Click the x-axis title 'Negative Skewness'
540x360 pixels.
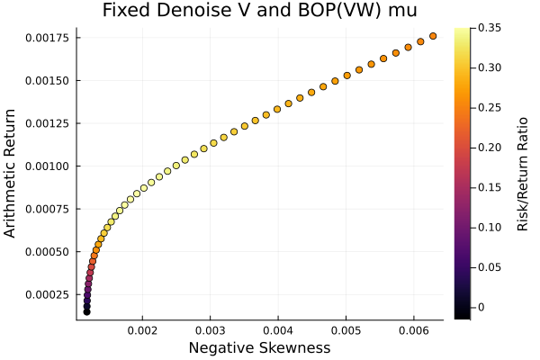click(x=259, y=348)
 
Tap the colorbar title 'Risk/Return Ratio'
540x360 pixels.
click(x=523, y=174)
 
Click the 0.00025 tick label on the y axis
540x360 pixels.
click(x=47, y=295)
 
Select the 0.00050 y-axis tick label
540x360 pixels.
click(x=47, y=252)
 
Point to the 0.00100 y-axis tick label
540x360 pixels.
click(x=47, y=166)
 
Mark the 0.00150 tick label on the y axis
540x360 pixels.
click(x=47, y=80)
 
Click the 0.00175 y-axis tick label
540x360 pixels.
click(x=47, y=38)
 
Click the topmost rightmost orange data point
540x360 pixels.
click(x=433, y=36)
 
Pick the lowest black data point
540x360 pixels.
click(x=86, y=311)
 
